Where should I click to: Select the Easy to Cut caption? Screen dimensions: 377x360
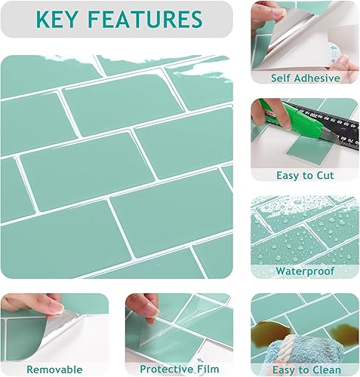coord(304,175)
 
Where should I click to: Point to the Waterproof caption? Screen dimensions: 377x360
coord(304,271)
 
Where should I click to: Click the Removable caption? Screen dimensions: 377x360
coord(54,369)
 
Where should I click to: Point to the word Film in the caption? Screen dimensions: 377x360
coord(206,369)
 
